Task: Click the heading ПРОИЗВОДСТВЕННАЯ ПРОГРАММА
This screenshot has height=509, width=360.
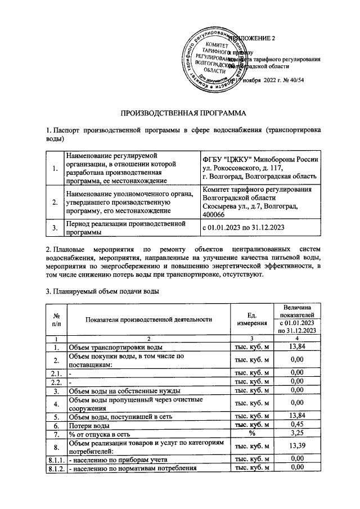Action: [x=179, y=113]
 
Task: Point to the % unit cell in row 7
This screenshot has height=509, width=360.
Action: [x=251, y=434]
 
